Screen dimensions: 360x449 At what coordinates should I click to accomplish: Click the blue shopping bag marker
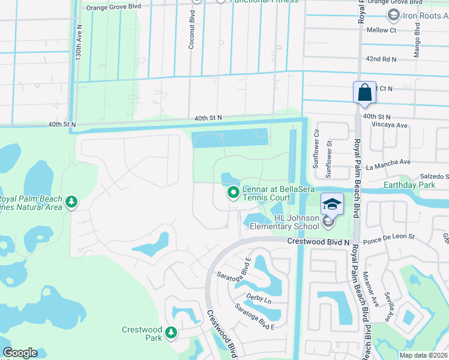[364, 93]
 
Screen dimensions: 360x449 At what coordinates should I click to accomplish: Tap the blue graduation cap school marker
[332, 204]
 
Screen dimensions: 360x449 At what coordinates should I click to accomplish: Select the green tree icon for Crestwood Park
[171, 332]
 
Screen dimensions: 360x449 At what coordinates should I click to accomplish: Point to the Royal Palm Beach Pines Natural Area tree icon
[71, 202]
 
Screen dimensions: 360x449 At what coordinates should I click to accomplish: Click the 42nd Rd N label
[381, 59]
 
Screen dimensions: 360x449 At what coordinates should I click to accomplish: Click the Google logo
[20, 352]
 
